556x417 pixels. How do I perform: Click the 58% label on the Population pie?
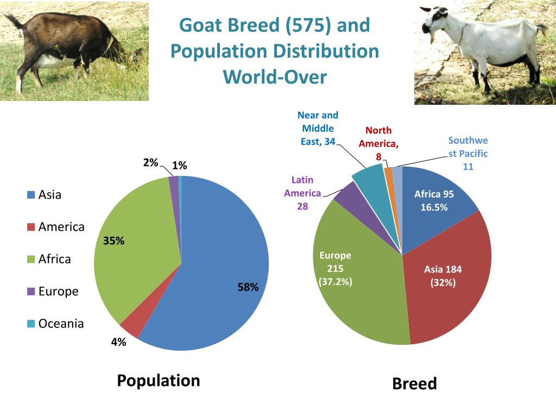(248, 288)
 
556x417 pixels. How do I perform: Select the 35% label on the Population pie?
(114, 241)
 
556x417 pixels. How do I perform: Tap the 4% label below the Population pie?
(118, 342)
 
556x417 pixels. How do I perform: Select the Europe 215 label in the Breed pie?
(335, 268)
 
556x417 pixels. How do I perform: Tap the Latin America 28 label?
(302, 193)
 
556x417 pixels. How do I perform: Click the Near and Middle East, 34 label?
(318, 129)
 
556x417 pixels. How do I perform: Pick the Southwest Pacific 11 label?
(468, 153)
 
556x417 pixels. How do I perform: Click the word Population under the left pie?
(159, 381)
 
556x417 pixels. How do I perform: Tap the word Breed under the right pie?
(414, 384)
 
